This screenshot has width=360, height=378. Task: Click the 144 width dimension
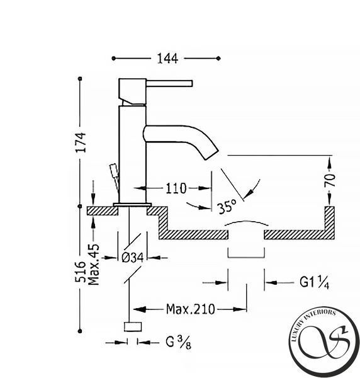(x=167, y=59)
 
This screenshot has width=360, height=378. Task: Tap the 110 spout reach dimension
(x=176, y=188)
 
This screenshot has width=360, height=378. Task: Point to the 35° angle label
(x=227, y=207)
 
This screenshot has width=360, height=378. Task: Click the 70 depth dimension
(x=330, y=180)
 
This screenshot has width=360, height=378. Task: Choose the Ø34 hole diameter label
(x=133, y=258)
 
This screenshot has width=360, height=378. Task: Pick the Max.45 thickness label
(x=94, y=265)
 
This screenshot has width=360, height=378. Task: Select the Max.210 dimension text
(x=190, y=309)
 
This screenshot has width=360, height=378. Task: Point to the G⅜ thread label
(x=179, y=342)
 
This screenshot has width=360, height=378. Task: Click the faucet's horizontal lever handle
(x=169, y=83)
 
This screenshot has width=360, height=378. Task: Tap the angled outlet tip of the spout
(x=211, y=154)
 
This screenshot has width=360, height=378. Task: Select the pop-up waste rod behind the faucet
(x=115, y=176)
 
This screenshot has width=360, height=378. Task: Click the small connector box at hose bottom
(x=133, y=326)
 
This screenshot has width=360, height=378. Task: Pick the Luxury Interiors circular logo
(x=324, y=342)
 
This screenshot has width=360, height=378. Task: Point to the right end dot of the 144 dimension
(x=218, y=58)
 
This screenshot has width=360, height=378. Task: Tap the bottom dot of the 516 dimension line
(x=80, y=331)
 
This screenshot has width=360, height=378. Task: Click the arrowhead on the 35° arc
(x=250, y=192)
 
